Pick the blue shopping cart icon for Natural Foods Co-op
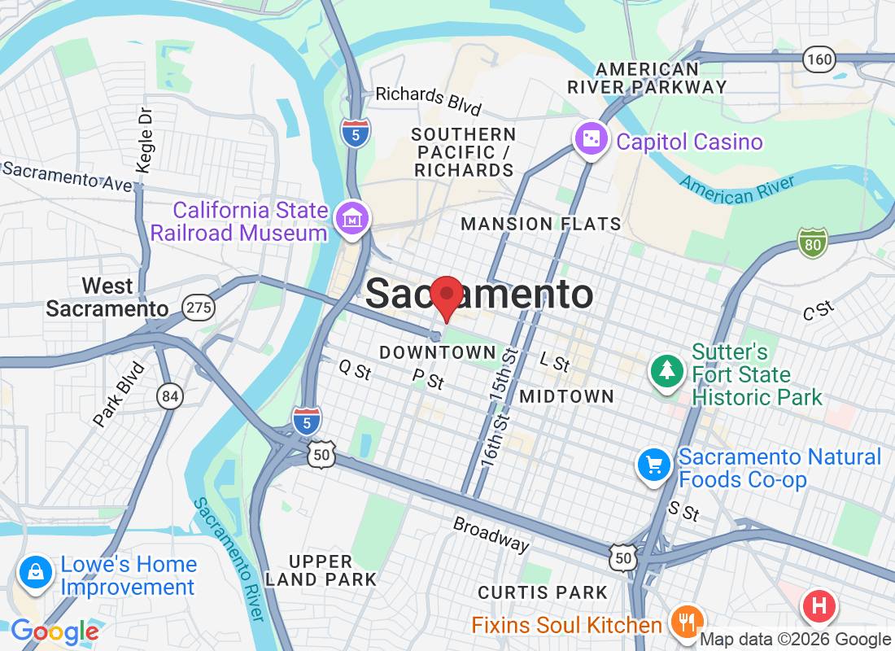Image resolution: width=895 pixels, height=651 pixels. [x=653, y=465]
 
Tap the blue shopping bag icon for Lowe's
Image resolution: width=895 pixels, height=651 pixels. [x=36, y=572]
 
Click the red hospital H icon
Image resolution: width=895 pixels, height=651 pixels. [x=819, y=606]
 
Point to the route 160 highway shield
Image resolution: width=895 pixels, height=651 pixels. [x=819, y=59]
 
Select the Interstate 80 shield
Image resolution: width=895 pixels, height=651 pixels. [x=813, y=242]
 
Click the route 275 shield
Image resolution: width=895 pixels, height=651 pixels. [x=199, y=307]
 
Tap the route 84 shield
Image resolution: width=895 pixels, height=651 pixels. [x=170, y=396]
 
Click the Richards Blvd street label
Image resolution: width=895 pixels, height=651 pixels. [x=428, y=99]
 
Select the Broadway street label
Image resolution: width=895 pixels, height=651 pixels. [x=491, y=534]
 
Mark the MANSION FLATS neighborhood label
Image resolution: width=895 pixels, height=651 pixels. [x=540, y=224]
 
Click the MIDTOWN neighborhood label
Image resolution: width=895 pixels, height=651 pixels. [x=566, y=396]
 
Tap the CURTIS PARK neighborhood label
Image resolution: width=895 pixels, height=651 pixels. [x=543, y=592]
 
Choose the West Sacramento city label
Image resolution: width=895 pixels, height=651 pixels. [x=107, y=298]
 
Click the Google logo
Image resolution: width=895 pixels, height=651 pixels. [x=55, y=631]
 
